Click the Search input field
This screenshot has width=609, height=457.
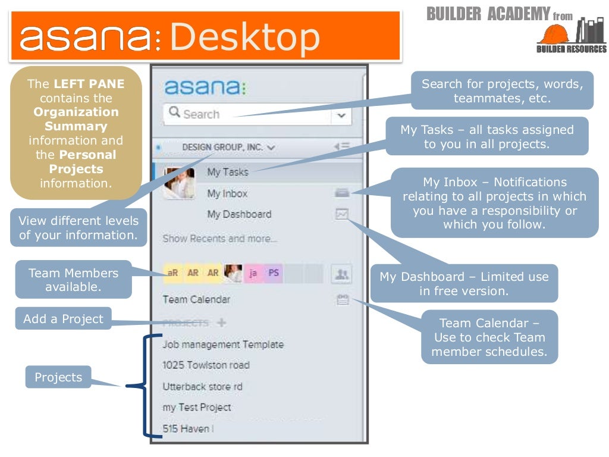pyautogui.click(x=250, y=114)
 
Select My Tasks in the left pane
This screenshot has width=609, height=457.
pyautogui.click(x=228, y=172)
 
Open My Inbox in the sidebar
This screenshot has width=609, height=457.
pyautogui.click(x=227, y=193)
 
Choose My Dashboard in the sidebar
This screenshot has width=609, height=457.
pyautogui.click(x=239, y=214)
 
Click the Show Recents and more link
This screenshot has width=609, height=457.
pyautogui.click(x=220, y=239)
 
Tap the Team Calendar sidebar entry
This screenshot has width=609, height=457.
pyautogui.click(x=196, y=299)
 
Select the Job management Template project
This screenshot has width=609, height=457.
pyautogui.click(x=223, y=345)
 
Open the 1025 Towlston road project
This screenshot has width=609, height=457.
pyautogui.click(x=206, y=365)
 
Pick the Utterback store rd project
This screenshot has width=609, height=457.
pyautogui.click(x=202, y=387)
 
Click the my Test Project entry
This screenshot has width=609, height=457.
pyautogui.click(x=197, y=408)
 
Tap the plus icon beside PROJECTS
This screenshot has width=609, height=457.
pyautogui.click(x=222, y=323)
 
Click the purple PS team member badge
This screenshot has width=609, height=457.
pyautogui.click(x=274, y=274)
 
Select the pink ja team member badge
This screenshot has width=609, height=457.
pyautogui.click(x=253, y=274)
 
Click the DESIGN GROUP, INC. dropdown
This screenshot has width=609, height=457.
pyautogui.click(x=228, y=147)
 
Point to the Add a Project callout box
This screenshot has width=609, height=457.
pyautogui.click(x=63, y=319)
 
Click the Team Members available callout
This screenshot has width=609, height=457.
pyautogui.click(x=73, y=280)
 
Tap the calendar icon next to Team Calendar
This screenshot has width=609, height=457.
pyautogui.click(x=342, y=300)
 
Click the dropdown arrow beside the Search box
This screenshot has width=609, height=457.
pyautogui.click(x=341, y=115)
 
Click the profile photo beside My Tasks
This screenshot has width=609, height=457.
pyautogui.click(x=179, y=183)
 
